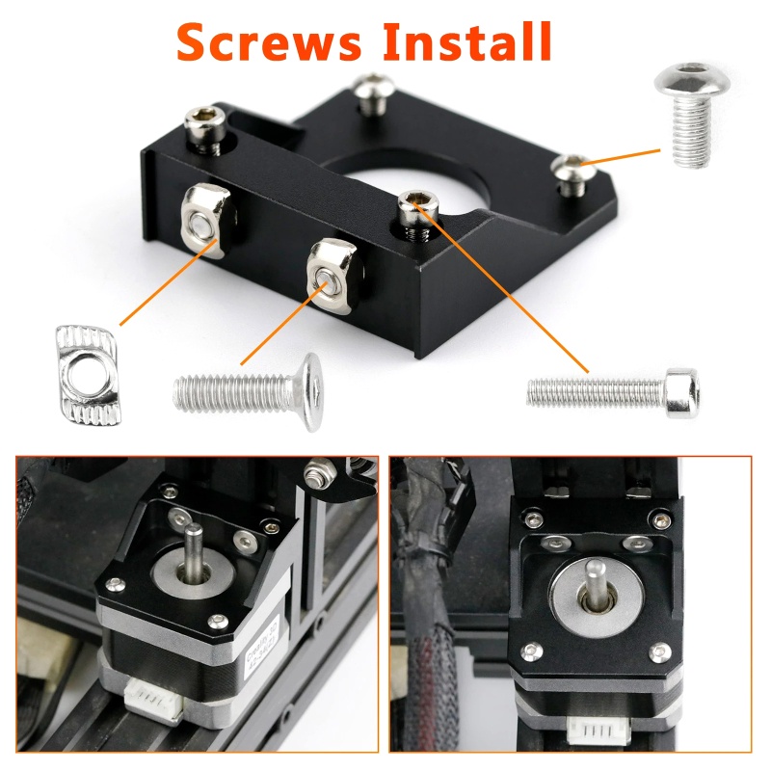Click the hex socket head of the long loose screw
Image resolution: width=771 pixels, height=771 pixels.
pos(681,387)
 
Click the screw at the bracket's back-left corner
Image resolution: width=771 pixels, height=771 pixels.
pos(206,127)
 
